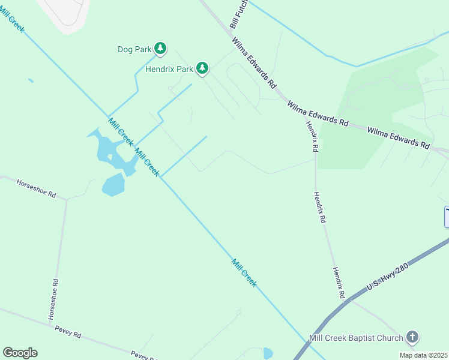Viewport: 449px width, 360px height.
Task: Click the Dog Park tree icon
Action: (160, 48)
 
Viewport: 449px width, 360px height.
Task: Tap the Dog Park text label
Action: (134, 49)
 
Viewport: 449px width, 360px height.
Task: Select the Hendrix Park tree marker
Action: (203, 68)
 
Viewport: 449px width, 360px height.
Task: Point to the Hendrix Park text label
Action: (169, 69)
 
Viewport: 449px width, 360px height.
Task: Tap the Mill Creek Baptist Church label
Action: (356, 338)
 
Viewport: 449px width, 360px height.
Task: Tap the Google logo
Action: (20, 352)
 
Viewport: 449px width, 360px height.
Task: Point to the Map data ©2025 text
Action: (423, 355)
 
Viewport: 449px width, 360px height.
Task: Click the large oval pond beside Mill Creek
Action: (113, 185)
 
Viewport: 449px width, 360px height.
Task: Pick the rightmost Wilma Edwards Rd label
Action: (398, 137)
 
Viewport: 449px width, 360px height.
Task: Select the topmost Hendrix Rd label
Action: (312, 135)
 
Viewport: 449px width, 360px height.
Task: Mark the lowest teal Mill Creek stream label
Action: (244, 272)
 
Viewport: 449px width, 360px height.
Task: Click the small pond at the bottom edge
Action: (268, 353)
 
